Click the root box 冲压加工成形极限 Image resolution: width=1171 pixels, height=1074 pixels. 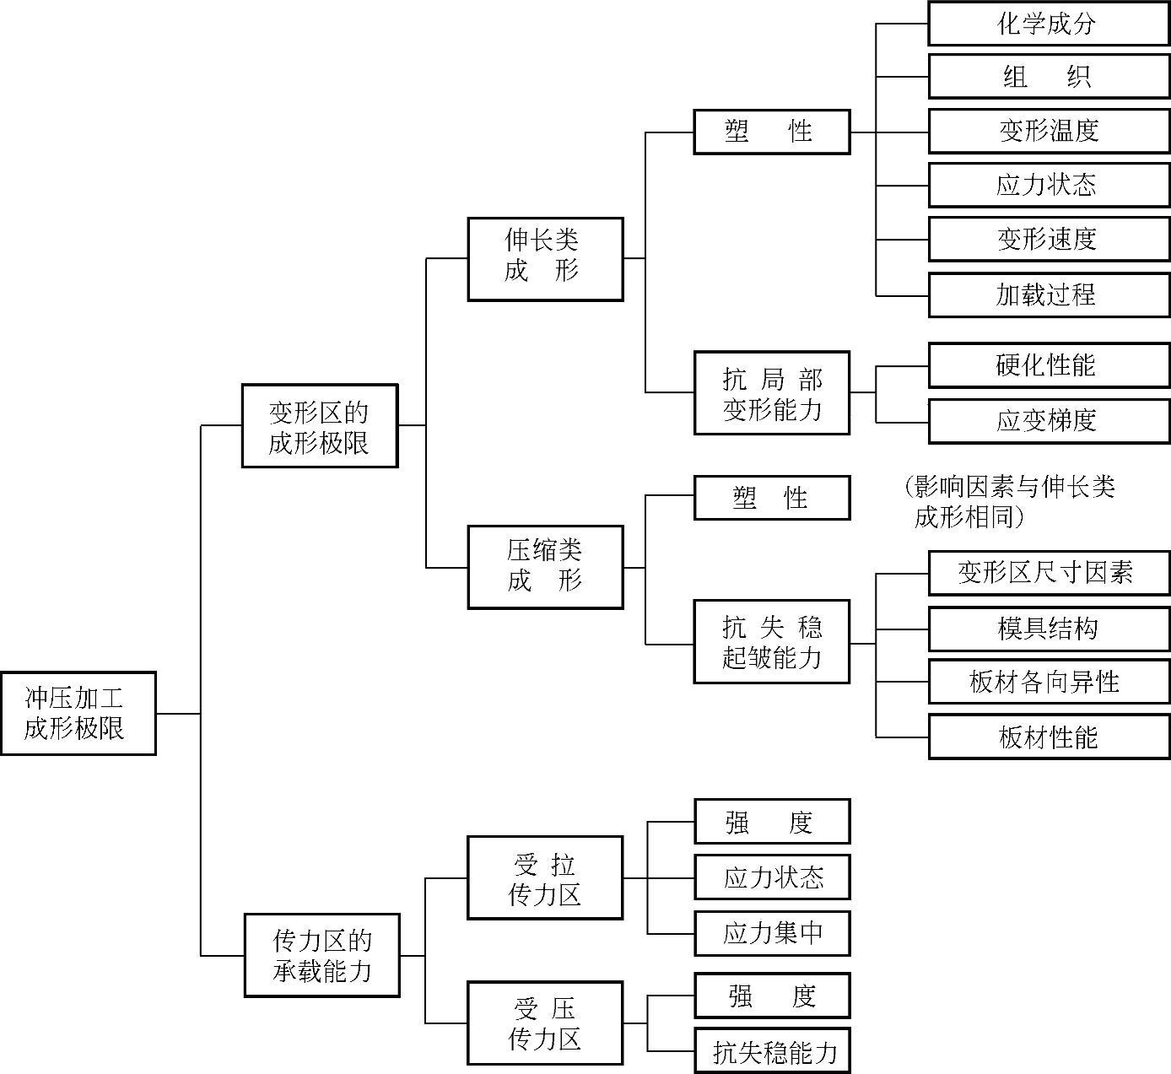click(78, 713)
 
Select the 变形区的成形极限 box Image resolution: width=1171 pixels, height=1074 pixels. click(319, 425)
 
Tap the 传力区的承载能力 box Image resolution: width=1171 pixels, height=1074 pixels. click(321, 954)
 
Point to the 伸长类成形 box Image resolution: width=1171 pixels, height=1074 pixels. click(545, 258)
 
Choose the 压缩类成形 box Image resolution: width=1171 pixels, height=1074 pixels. click(545, 567)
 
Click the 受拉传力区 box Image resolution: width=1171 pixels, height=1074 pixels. click(545, 877)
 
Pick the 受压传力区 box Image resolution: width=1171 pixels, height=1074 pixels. click(545, 1023)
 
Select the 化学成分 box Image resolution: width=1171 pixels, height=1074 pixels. click(1049, 24)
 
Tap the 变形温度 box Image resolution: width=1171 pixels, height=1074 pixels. click(1049, 131)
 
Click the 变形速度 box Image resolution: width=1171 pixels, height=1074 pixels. click(1049, 239)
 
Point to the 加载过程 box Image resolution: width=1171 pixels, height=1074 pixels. click(1049, 294)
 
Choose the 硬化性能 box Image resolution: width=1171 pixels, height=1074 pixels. click(1049, 364)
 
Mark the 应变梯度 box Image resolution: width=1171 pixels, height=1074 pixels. click(1049, 420)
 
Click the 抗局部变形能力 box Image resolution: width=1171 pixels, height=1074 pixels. click(771, 393)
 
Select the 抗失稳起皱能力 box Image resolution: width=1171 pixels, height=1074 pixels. click(771, 641)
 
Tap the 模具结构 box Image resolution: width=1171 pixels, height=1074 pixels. click(1049, 629)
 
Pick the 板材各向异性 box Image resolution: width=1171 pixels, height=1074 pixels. click(1049, 682)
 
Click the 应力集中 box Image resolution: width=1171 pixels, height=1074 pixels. click(771, 933)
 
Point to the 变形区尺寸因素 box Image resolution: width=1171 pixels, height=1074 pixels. click(1049, 573)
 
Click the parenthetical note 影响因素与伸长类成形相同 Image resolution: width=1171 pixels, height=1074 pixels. click(1010, 501)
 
